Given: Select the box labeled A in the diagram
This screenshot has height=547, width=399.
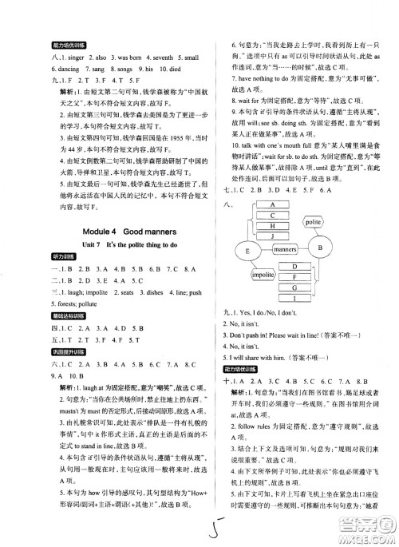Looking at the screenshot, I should pyautogui.click(x=275, y=204).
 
